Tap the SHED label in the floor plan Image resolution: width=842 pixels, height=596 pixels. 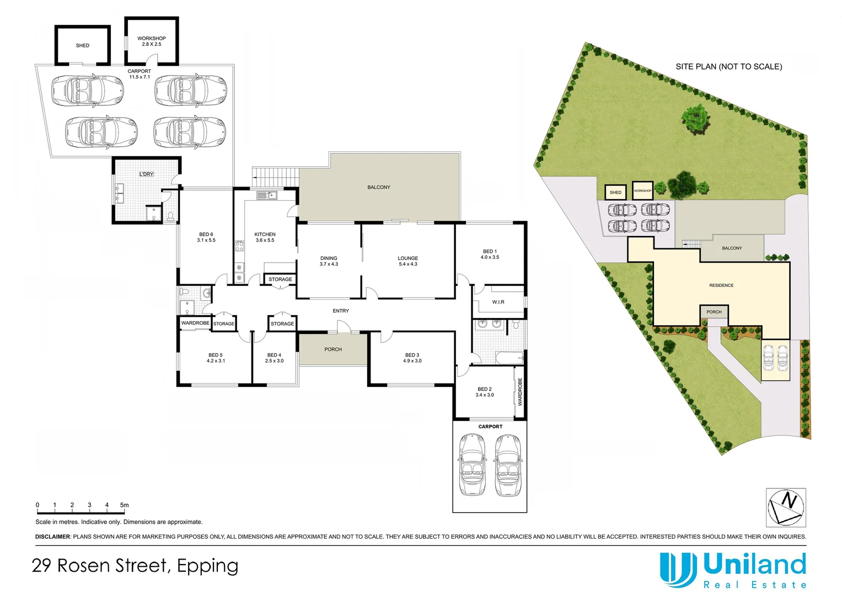[x=83, y=46]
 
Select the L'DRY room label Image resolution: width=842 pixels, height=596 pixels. [x=146, y=174]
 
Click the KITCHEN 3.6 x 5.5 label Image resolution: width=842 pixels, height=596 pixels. [x=265, y=237]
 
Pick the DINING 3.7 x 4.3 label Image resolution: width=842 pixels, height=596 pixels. [x=329, y=261]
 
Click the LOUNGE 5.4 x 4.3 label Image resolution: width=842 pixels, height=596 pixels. [x=408, y=261]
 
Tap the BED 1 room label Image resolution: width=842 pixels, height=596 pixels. [x=490, y=254]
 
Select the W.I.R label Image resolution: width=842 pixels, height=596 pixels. [x=498, y=302]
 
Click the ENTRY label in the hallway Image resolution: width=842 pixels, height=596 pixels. [x=341, y=311]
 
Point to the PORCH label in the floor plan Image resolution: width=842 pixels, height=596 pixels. [x=333, y=349]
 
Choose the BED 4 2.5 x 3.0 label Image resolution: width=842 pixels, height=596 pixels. [x=274, y=358]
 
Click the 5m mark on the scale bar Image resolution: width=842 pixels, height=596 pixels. [x=125, y=505]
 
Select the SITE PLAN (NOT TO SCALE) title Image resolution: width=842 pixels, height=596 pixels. [x=728, y=67]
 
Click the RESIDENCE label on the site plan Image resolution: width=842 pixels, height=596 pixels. [x=721, y=285]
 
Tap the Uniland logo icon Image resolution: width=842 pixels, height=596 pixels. [x=677, y=570]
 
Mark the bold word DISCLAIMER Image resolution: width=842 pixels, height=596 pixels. [x=53, y=537]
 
